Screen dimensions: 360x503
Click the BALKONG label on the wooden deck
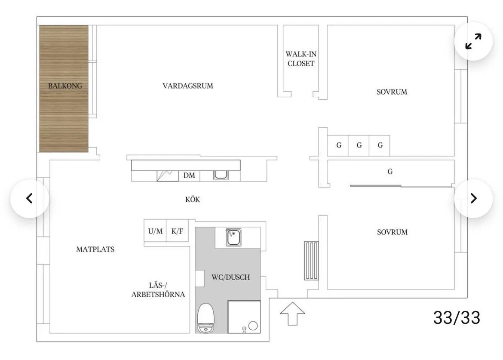(65, 86)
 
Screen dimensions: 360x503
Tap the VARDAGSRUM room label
(188, 86)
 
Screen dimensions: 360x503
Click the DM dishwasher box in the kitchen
(189, 175)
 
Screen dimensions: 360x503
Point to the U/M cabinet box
(155, 231)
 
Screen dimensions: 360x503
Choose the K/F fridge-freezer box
(178, 231)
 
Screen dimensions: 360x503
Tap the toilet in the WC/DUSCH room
(205, 317)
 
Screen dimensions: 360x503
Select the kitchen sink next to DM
(221, 175)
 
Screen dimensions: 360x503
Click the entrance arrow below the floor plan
(292, 314)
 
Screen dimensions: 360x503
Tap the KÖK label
(193, 200)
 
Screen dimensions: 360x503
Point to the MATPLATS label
(95, 249)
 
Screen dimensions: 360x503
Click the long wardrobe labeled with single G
(390, 172)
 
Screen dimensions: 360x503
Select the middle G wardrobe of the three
(359, 145)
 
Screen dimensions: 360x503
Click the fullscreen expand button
(473, 41)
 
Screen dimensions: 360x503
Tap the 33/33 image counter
(456, 317)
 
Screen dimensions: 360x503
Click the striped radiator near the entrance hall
(312, 260)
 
